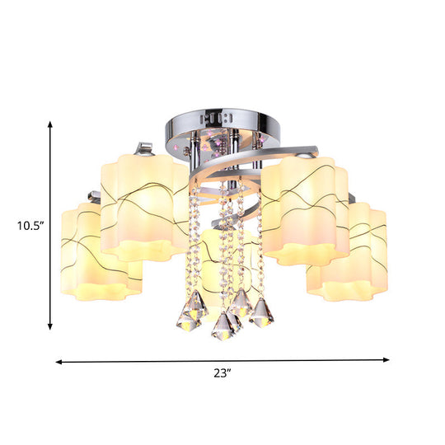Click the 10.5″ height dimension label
[30, 226]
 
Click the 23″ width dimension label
[222, 373]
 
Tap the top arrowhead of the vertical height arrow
[50, 124]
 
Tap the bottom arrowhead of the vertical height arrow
[50, 326]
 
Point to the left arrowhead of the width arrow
[59, 362]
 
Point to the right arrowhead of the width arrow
[386, 360]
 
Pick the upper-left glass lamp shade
[143, 207]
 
